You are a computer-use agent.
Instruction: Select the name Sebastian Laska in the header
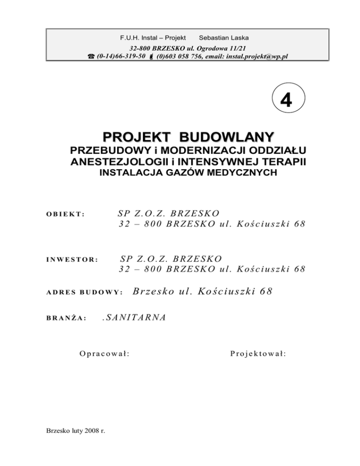pyautogui.click(x=224, y=37)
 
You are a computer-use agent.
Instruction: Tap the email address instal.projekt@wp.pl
pyautogui.click(x=261, y=56)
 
